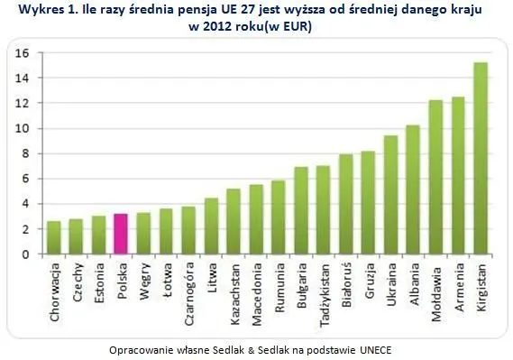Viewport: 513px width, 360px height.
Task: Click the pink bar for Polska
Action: coord(121,234)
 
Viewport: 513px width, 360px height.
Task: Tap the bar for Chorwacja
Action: coord(53,237)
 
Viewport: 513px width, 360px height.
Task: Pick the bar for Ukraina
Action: coord(391,195)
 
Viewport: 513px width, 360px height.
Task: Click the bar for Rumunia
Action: coord(279,217)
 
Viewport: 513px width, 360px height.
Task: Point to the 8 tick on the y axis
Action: coord(27,153)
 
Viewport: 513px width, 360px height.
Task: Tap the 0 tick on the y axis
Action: coord(27,254)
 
